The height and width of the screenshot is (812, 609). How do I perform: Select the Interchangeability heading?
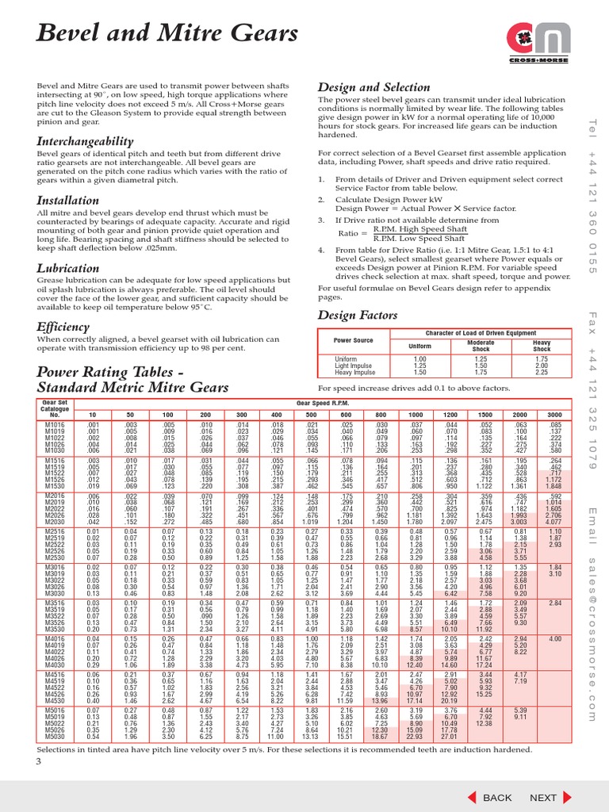point(86,140)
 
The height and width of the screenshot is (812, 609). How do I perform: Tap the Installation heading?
point(69,201)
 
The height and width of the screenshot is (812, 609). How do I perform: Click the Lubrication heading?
point(68,269)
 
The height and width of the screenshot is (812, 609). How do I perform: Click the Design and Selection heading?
point(374,86)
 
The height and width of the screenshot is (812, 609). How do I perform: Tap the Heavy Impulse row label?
point(355,372)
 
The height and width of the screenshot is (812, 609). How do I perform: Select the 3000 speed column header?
point(553,415)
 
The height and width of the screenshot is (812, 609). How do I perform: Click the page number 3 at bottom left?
point(37,762)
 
